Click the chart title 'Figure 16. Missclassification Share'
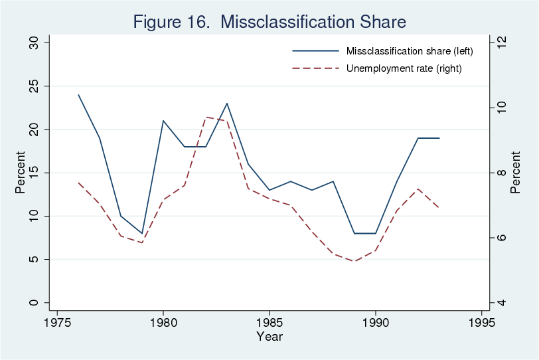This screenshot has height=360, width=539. coord(269,21)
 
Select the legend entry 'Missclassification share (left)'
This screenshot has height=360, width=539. coord(400,51)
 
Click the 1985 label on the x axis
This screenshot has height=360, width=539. coord(269,323)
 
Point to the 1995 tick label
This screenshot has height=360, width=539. coord(481,323)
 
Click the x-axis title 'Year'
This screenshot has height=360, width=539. coord(269,337)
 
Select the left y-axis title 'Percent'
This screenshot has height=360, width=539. coord(21,173)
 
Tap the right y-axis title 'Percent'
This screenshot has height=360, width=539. coord(516,173)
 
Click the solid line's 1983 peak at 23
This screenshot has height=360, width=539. coord(227,104)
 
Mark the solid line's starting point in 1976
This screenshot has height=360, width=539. coord(78,95)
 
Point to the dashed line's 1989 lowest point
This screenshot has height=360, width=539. coord(354,261)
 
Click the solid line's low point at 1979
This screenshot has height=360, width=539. coord(142,233)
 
